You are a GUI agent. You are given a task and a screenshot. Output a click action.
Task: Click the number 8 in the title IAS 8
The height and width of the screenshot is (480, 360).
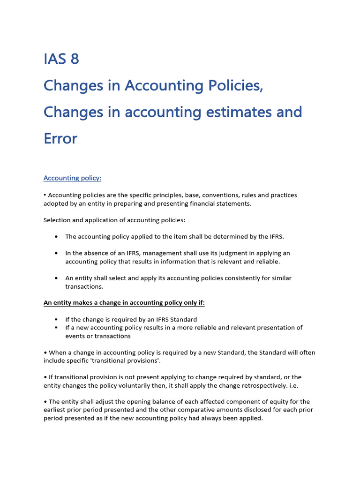(75, 59)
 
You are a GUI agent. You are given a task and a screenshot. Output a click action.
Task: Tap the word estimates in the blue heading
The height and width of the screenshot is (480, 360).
(241, 112)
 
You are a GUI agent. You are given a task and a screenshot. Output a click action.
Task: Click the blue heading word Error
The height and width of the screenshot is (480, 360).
(60, 139)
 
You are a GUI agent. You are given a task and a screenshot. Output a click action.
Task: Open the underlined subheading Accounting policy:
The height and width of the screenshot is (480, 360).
(72, 178)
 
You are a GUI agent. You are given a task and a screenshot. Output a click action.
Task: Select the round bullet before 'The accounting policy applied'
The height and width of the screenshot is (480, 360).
(56, 237)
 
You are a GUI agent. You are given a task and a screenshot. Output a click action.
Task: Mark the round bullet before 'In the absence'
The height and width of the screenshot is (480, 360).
(56, 253)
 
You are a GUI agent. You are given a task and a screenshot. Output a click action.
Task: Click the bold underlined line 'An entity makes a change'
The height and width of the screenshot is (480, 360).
(124, 303)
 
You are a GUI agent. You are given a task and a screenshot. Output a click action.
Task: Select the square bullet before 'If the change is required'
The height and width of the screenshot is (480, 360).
(56, 319)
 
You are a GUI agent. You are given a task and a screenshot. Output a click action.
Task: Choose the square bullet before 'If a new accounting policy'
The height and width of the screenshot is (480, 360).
(56, 328)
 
